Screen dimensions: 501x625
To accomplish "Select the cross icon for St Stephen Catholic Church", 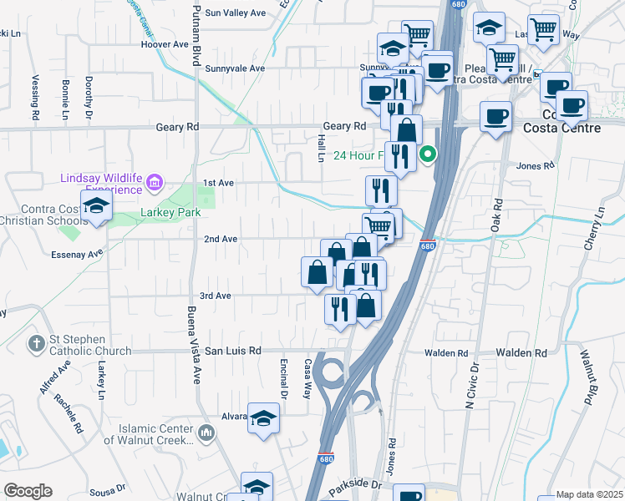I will (36, 343).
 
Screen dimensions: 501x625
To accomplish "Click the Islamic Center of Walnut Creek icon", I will (208, 432).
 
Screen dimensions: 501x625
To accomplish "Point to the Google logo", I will (28, 491).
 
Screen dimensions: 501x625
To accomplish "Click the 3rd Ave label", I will (215, 296).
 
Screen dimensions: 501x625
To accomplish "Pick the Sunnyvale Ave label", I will (235, 68).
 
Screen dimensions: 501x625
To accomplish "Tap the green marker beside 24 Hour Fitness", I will (428, 154).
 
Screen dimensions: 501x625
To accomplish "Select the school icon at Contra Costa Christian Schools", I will (96, 207).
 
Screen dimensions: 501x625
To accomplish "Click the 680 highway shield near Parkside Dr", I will (326, 459).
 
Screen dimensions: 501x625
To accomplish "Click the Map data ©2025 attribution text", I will (590, 494).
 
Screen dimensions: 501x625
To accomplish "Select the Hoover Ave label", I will (165, 44).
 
